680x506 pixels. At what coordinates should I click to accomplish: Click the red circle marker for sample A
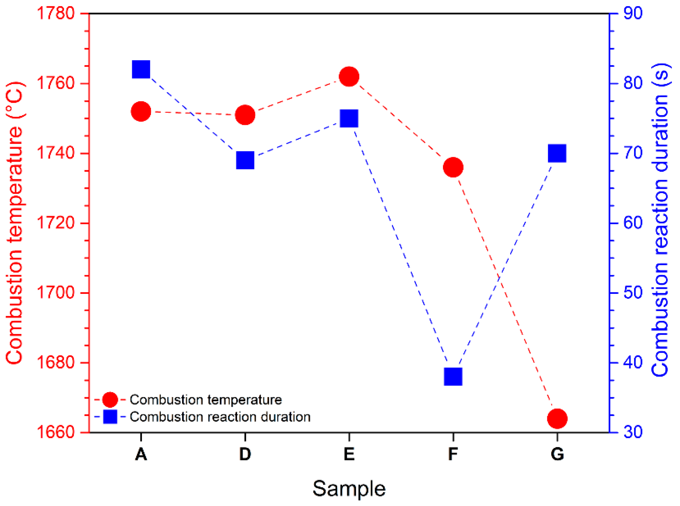tap(141, 111)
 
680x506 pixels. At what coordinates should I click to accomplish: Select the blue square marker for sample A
tap(141, 69)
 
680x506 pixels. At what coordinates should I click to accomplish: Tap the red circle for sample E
tap(349, 76)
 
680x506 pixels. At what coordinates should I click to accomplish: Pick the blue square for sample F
tap(453, 376)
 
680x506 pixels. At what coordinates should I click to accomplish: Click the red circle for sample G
tap(557, 419)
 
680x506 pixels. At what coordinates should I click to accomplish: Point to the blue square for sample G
tap(557, 153)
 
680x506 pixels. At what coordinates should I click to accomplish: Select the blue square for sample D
tap(245, 160)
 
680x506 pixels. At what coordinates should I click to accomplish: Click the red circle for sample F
tap(453, 167)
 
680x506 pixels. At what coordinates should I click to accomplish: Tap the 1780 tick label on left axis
tap(56, 14)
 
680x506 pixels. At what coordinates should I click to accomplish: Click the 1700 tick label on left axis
tap(56, 293)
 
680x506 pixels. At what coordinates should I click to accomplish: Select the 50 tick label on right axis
tap(633, 293)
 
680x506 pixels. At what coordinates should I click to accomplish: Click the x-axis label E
tap(349, 454)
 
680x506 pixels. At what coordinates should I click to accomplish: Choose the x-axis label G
tap(557, 454)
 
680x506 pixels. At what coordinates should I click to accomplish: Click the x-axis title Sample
tap(349, 489)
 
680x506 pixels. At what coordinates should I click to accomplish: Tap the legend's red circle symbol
tap(110, 400)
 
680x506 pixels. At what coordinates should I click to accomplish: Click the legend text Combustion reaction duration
tap(220, 417)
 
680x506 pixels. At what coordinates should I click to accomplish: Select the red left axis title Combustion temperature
tap(14, 223)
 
